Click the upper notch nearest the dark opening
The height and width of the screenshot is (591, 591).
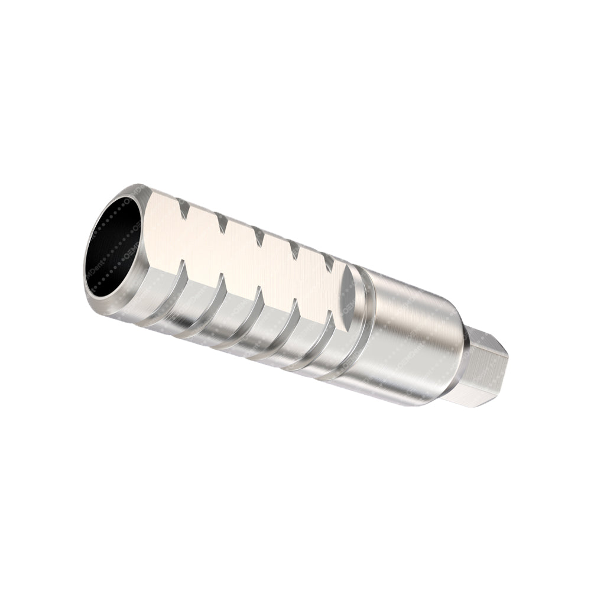(184, 210)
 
